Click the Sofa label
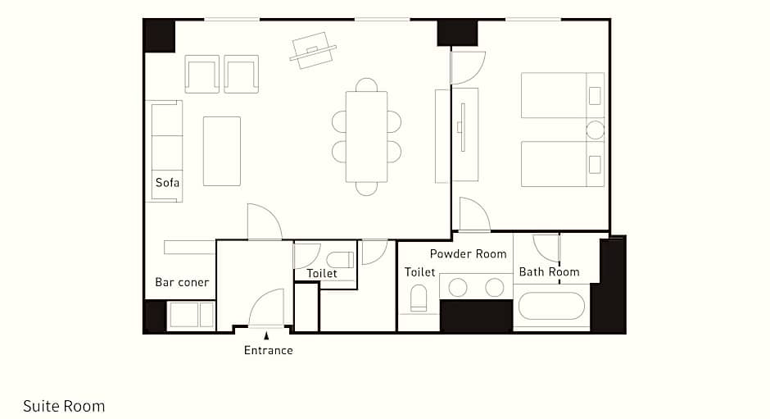click(x=167, y=183)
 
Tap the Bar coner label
click(x=182, y=282)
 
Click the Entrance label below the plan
click(x=269, y=350)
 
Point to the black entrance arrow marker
click(x=266, y=336)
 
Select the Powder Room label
click(x=468, y=253)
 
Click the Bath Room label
click(x=549, y=271)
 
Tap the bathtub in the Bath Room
click(x=551, y=306)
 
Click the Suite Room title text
click(x=64, y=406)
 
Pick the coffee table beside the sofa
click(x=222, y=151)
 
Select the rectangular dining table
click(x=366, y=137)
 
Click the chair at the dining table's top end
click(x=366, y=84)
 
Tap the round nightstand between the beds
click(x=596, y=130)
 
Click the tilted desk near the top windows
click(x=313, y=51)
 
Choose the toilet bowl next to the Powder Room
click(x=419, y=298)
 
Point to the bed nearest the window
click(x=563, y=95)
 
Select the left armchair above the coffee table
click(x=202, y=75)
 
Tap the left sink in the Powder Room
click(x=458, y=288)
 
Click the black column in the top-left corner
click(x=160, y=35)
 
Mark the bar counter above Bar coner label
click(x=189, y=248)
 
